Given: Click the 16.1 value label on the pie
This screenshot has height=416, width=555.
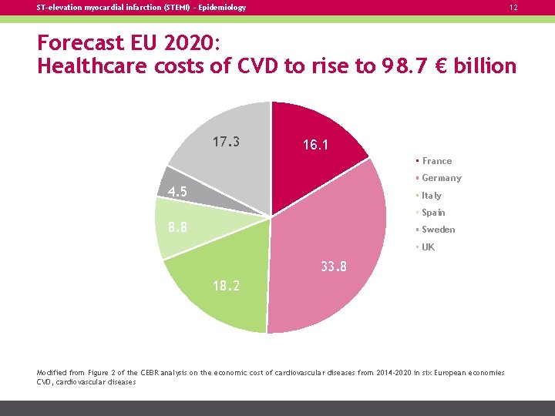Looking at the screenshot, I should (x=314, y=144).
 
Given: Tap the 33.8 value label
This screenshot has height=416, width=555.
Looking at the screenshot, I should (x=334, y=267).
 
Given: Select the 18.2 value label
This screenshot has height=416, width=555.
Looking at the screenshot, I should (x=226, y=286).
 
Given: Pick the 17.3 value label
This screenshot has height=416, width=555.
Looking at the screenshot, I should (x=226, y=142).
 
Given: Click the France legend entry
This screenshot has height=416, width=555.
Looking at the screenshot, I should (x=436, y=161).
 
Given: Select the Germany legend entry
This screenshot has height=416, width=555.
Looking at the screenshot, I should (x=441, y=178).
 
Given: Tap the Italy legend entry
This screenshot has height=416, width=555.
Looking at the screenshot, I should (x=432, y=196).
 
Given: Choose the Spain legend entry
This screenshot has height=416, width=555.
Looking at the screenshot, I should (x=433, y=213).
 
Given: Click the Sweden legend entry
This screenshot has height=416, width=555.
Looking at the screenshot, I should (x=438, y=230).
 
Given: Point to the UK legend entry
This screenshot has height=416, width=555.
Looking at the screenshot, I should (x=428, y=247).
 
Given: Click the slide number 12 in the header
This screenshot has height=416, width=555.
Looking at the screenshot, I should (x=513, y=8).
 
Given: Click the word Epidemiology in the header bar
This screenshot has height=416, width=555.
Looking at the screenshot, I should (x=220, y=8).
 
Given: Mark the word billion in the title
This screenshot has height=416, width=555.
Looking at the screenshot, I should (x=486, y=66).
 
